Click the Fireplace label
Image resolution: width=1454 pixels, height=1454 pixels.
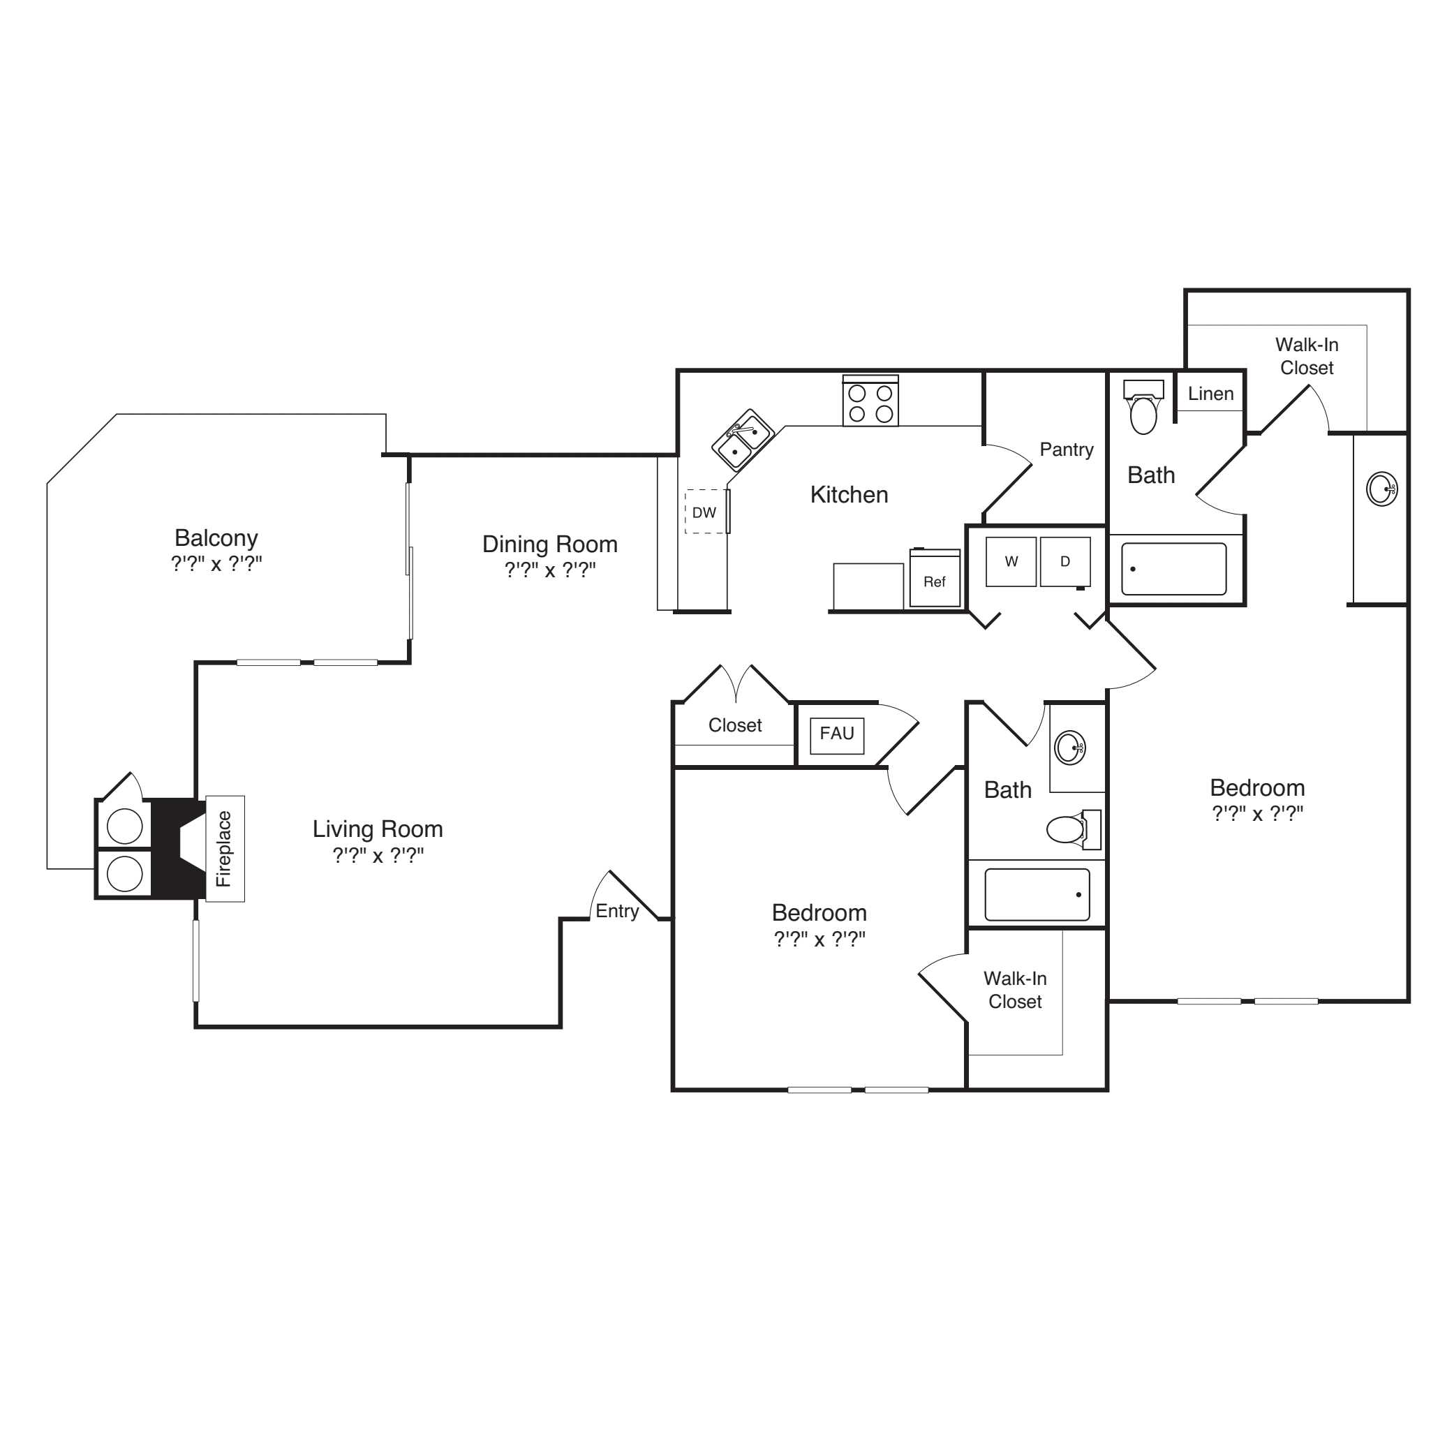(224, 849)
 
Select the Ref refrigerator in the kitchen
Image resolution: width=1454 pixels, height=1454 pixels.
(935, 578)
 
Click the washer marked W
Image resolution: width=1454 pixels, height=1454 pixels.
(1011, 561)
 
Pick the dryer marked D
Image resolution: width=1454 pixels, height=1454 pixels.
(1066, 561)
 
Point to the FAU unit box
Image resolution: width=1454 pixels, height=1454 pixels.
(837, 736)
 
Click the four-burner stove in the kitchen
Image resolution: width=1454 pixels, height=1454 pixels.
(870, 401)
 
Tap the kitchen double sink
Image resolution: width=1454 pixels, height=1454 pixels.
(743, 441)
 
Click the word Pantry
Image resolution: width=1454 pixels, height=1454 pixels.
(1067, 450)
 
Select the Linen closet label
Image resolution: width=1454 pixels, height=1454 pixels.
(1211, 394)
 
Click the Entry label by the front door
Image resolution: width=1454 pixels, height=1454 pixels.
(617, 912)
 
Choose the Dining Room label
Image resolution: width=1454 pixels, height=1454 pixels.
(550, 544)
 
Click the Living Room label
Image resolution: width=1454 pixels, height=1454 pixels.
(378, 829)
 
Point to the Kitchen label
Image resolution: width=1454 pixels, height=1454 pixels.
(849, 494)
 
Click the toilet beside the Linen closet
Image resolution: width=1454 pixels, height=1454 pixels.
(1143, 407)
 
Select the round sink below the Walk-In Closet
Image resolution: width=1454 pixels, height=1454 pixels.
(1381, 489)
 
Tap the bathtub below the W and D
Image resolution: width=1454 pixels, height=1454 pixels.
(1037, 895)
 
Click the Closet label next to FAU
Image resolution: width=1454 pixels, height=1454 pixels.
(735, 725)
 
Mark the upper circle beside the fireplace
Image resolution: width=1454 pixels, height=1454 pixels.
(125, 826)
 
